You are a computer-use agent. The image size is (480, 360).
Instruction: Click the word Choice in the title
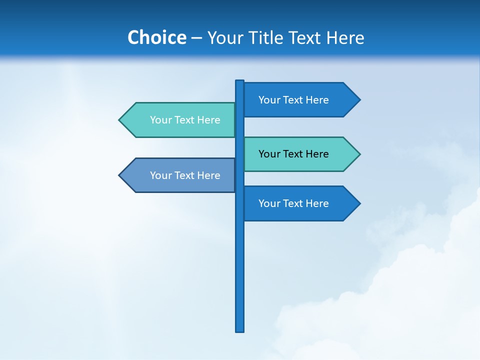[156, 37]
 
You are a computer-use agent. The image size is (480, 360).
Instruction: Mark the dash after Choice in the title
[196, 38]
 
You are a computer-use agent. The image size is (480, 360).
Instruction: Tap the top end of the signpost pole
[240, 81]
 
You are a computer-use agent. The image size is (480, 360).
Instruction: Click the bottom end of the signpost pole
[240, 330]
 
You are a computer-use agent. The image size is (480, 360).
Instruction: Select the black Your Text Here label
[293, 154]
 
